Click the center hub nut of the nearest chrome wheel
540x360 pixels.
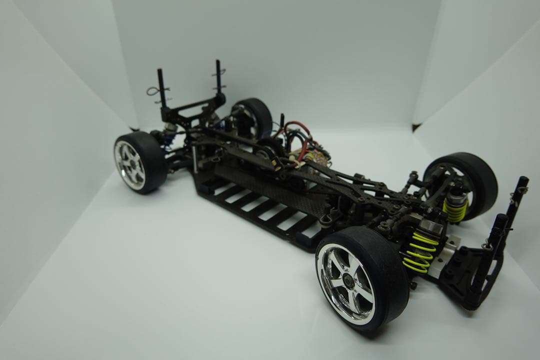click(x=348, y=283)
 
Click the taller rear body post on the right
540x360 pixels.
click(x=218, y=77)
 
